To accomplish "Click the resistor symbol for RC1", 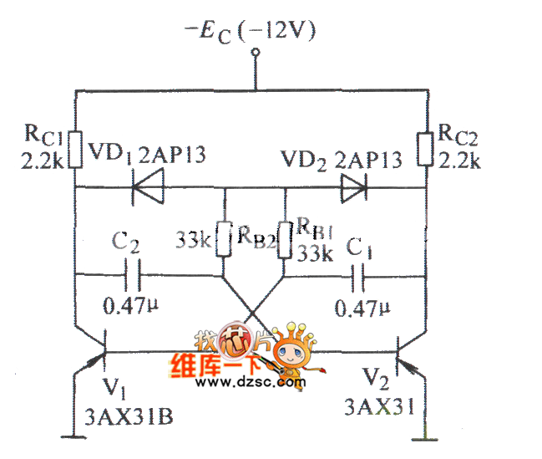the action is (x=75, y=149).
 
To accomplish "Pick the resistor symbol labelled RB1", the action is (x=285, y=240).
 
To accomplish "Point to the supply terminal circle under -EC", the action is (x=255, y=53).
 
